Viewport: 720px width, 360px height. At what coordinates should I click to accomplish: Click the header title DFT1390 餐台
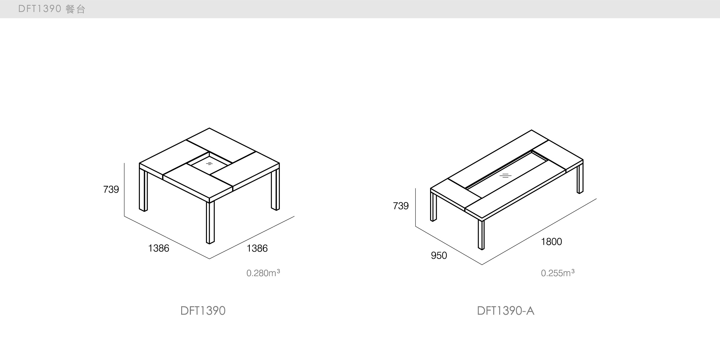(52, 9)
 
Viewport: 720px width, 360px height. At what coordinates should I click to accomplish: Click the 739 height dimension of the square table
(111, 189)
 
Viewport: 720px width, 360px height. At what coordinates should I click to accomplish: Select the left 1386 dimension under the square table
(158, 248)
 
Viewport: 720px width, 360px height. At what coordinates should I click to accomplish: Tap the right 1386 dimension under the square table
(257, 248)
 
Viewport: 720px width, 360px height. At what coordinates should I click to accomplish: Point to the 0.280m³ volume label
(263, 273)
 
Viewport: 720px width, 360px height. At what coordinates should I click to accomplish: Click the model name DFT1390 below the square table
(203, 311)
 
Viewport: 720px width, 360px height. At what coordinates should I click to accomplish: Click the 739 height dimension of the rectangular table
(401, 206)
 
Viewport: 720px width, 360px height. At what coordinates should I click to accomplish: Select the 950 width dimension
(439, 255)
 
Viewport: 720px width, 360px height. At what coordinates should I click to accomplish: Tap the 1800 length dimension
(551, 242)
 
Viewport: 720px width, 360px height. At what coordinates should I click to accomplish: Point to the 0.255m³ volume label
(558, 273)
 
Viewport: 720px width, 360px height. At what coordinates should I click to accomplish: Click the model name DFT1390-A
(506, 311)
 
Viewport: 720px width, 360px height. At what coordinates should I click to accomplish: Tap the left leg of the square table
(143, 190)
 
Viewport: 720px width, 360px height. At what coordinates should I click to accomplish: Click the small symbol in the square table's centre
(209, 164)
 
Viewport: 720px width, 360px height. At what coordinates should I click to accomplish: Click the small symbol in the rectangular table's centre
(505, 176)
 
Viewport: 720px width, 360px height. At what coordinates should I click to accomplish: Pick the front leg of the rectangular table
(481, 235)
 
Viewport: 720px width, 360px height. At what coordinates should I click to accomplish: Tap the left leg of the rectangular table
(433, 207)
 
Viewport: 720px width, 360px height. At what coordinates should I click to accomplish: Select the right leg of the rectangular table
(580, 179)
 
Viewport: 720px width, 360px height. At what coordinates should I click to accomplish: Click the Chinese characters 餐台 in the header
(75, 9)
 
